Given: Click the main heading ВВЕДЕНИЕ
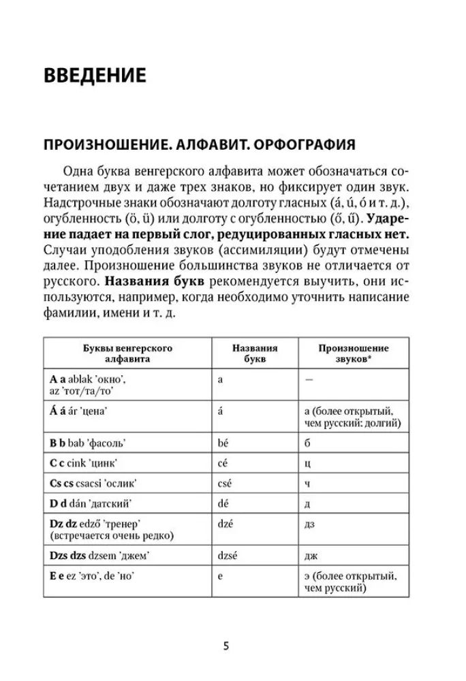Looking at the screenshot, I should (x=95, y=75).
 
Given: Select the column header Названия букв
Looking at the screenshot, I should (x=255, y=353).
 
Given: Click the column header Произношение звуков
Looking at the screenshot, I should (x=353, y=353).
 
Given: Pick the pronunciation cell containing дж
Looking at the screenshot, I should (x=309, y=556).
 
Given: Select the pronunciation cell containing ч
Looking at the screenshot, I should (x=307, y=483).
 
